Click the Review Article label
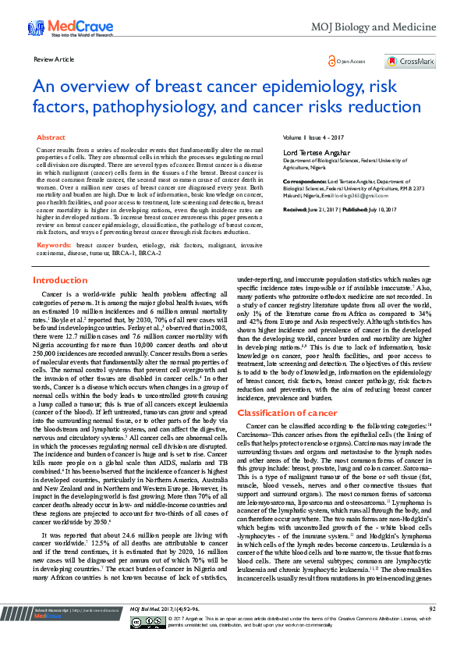click(x=54, y=59)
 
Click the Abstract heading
click(x=51, y=137)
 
